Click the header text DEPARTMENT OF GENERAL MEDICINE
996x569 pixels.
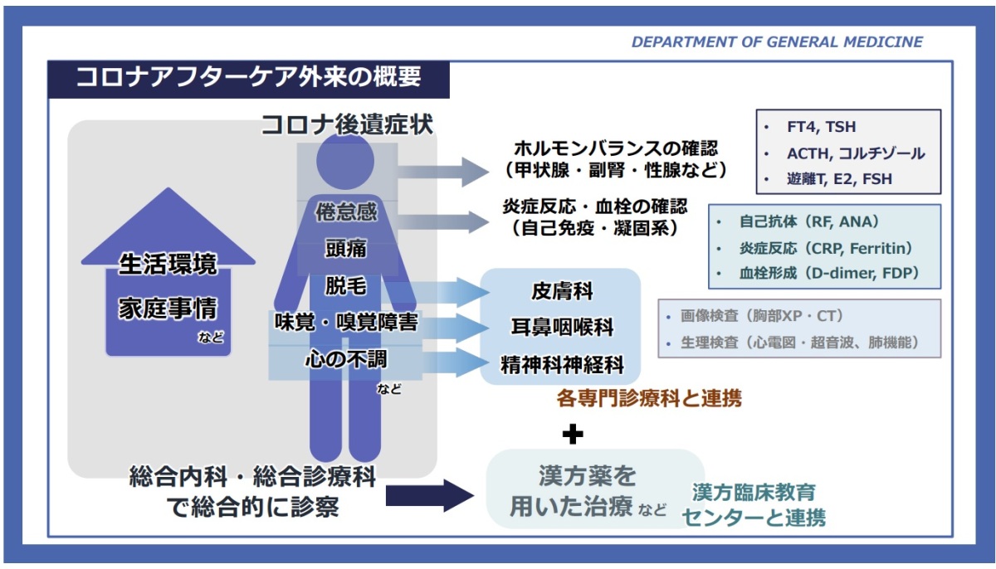click(x=777, y=42)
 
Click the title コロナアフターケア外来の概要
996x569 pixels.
click(x=248, y=77)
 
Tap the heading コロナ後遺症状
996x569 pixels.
click(x=347, y=124)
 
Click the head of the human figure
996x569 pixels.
click(x=345, y=161)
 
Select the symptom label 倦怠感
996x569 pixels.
click(x=346, y=212)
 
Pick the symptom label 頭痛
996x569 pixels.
click(x=346, y=248)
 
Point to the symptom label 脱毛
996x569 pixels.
click(x=346, y=285)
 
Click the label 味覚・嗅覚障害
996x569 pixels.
click(x=346, y=323)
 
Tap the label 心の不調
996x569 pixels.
click(x=346, y=359)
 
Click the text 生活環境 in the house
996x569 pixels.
click(x=168, y=264)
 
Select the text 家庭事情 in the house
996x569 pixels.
click(x=168, y=309)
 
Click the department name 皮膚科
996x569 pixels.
click(x=562, y=291)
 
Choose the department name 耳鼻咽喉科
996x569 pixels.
click(x=562, y=328)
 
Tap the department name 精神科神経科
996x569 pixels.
click(x=562, y=365)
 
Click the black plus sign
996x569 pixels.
click(x=573, y=434)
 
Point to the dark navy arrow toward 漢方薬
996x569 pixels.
click(x=430, y=495)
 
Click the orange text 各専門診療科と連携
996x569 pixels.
click(x=649, y=398)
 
